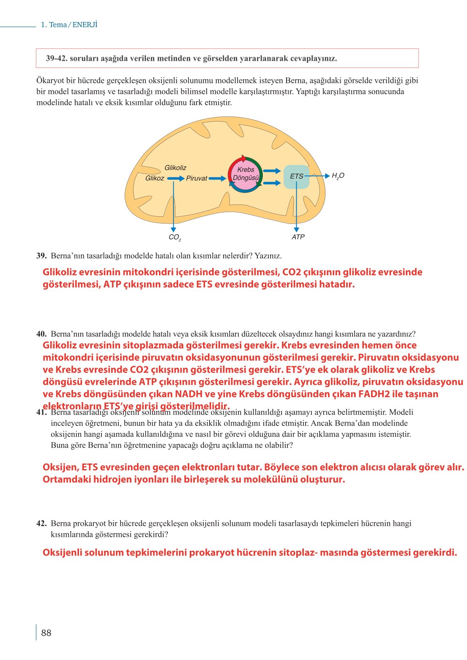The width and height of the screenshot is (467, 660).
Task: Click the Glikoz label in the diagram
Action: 154,178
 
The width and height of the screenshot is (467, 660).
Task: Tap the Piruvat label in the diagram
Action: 197,179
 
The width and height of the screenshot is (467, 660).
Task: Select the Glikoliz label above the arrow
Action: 175,168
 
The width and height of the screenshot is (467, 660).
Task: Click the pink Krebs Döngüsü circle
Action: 246,174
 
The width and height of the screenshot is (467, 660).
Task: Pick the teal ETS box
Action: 296,177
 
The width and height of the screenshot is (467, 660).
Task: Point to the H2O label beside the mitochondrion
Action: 338,176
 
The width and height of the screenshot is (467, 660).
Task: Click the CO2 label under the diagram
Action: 175,237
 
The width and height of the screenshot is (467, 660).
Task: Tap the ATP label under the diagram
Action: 298,237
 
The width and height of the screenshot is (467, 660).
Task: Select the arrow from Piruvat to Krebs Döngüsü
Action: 217,179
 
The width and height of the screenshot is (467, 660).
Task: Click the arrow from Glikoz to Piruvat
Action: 176,179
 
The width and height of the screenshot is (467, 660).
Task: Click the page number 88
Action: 46,633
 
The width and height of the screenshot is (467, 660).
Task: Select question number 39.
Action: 41,256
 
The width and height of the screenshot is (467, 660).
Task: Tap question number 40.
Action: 41,334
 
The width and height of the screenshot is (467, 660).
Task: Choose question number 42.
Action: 41,524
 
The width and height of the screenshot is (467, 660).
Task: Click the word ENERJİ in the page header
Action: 85,25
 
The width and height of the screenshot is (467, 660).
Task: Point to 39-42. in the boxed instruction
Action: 57,58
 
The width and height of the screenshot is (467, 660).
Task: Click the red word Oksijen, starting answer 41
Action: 61,467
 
